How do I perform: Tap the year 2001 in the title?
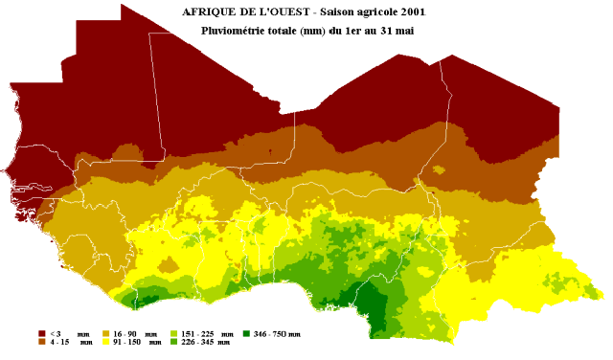pyautogui.click(x=411, y=11)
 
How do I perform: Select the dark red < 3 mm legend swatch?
pyautogui.click(x=41, y=333)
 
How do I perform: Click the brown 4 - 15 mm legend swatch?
pyautogui.click(x=41, y=341)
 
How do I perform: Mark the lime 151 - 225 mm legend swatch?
pyautogui.click(x=173, y=333)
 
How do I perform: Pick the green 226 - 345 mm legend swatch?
pyautogui.click(x=173, y=341)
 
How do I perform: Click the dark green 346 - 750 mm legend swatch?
pyautogui.click(x=246, y=333)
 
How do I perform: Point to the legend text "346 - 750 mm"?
pyautogui.click(x=278, y=333)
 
